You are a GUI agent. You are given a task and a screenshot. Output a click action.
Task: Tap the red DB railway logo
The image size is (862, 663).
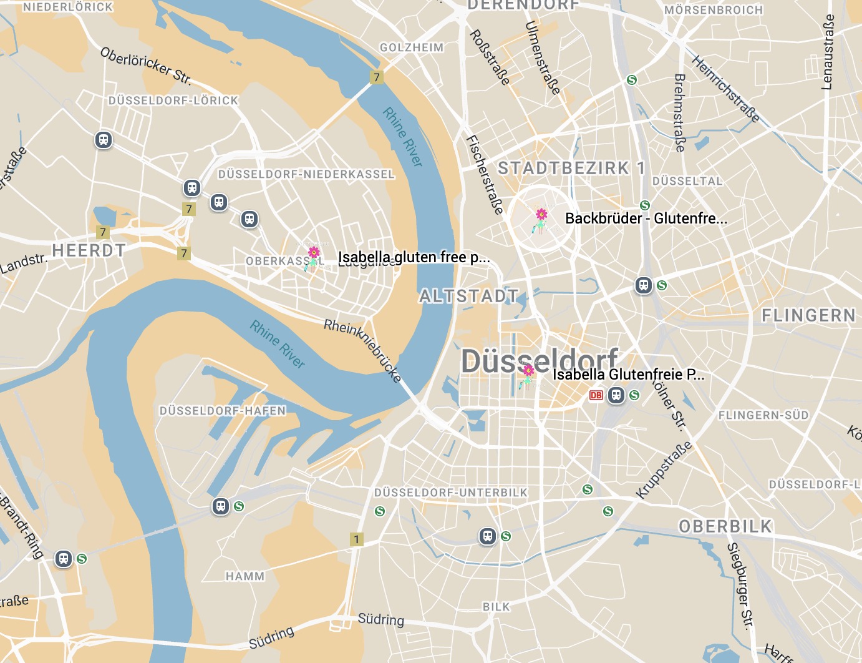coord(596,395)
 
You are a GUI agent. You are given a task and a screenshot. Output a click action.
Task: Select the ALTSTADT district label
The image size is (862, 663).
coord(468,296)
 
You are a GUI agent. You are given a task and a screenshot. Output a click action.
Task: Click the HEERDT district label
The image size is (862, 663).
coord(89,251)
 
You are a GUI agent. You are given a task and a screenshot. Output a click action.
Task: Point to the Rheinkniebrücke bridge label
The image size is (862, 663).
coord(363,350)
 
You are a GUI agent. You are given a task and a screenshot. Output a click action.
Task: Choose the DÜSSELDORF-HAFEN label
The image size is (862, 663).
coord(223,411)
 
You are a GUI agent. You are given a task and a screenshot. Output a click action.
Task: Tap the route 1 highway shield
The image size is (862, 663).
coord(356,539)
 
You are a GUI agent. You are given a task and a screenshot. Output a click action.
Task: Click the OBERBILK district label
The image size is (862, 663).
coord(725,526)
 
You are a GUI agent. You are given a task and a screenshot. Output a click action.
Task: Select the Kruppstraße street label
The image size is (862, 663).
coord(664,470)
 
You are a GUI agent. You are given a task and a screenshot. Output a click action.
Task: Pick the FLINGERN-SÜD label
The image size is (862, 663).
coord(763,416)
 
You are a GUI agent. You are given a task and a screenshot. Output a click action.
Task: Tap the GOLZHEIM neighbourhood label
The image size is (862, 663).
coord(412,47)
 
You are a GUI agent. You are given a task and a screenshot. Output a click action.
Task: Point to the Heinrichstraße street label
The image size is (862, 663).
coord(725,88)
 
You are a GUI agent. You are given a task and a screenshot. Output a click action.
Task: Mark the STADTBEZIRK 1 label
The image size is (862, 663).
coord(571,168)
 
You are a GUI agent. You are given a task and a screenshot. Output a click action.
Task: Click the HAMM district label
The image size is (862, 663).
coord(245,576)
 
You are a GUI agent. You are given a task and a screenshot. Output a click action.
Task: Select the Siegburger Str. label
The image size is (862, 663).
coord(740,584)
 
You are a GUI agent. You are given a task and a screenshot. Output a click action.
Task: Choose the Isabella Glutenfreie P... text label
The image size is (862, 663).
coord(628,375)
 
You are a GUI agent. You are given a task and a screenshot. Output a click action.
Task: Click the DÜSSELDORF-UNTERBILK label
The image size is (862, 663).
coord(451,493)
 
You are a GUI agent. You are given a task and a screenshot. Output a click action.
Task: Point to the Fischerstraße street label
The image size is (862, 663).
coord(485,175)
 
